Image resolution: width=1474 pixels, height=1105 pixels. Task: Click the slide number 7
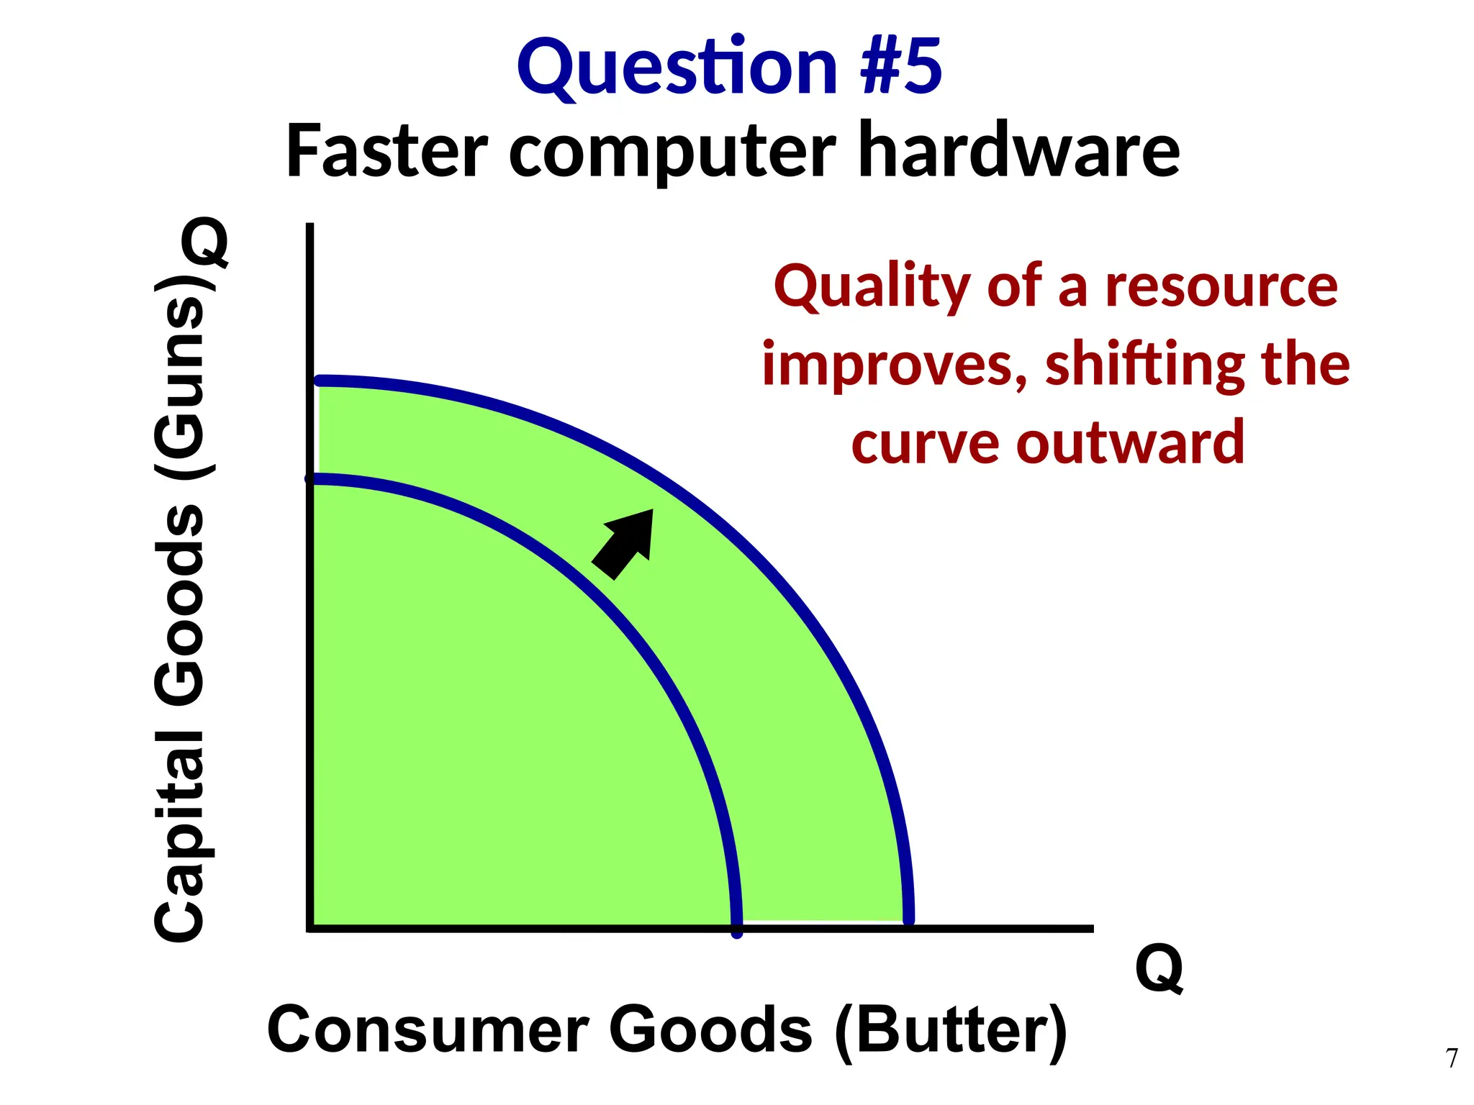[1452, 1058]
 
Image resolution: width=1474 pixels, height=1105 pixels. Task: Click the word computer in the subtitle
[673, 155]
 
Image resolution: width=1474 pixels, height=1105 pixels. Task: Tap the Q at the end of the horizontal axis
[1159, 969]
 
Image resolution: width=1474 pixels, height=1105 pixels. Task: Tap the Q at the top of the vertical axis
[205, 243]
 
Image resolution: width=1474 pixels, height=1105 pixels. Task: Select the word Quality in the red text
[872, 288]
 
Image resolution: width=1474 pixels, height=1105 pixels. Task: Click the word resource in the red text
[1221, 288]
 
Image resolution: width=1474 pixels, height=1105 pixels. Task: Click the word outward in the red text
[1130, 443]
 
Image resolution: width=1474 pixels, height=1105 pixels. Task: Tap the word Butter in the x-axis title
[951, 1030]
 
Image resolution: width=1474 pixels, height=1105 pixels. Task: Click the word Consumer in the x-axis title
[428, 1030]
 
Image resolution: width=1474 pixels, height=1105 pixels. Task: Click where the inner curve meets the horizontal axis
[737, 929]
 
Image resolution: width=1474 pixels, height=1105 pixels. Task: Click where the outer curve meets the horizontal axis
[909, 921]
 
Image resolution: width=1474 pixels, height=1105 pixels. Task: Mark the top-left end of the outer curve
[320, 381]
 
